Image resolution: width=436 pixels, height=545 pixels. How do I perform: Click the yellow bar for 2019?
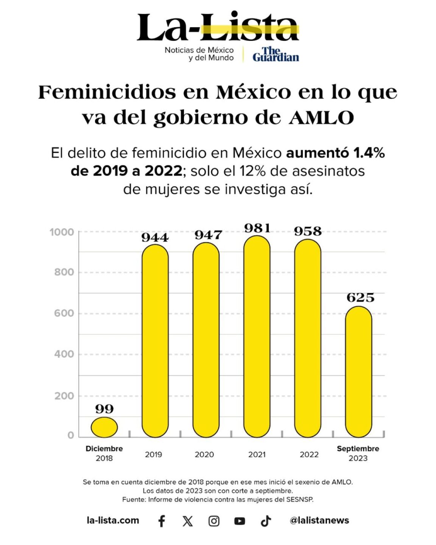pyautogui.click(x=155, y=341)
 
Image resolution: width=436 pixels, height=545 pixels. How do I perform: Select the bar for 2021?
pyautogui.click(x=257, y=336)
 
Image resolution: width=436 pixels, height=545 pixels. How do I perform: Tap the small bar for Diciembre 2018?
pyautogui.click(x=104, y=427)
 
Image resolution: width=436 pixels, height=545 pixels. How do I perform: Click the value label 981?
pyautogui.click(x=257, y=228)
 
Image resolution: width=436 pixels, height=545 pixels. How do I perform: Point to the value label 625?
pyautogui.click(x=360, y=297)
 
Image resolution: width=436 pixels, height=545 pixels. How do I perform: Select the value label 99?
pyautogui.click(x=104, y=409)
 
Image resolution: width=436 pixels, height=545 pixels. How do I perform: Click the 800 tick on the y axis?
pyautogui.click(x=64, y=272)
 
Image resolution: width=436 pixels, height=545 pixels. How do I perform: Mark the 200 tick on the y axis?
pyautogui.click(x=64, y=396)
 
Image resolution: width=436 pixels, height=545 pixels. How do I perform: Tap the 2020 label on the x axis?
pyautogui.click(x=204, y=455)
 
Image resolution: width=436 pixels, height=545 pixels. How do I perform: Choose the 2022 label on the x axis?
pyautogui.click(x=309, y=455)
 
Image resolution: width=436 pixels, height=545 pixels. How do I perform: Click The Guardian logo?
pyautogui.click(x=276, y=54)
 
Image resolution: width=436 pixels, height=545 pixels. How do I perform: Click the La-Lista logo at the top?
pyautogui.click(x=218, y=27)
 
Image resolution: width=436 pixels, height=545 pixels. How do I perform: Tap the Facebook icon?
pyautogui.click(x=162, y=521)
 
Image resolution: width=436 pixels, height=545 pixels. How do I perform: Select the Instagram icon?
pyautogui.click(x=214, y=521)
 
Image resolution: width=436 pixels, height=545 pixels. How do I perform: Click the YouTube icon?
pyautogui.click(x=240, y=521)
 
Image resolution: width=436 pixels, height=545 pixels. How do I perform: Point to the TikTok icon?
pyautogui.click(x=266, y=521)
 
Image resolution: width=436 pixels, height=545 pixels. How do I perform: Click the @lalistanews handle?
pyautogui.click(x=319, y=521)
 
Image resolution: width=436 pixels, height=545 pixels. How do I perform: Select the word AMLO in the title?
pyautogui.click(x=321, y=118)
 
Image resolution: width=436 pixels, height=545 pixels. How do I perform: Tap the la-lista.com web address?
pyautogui.click(x=113, y=521)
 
